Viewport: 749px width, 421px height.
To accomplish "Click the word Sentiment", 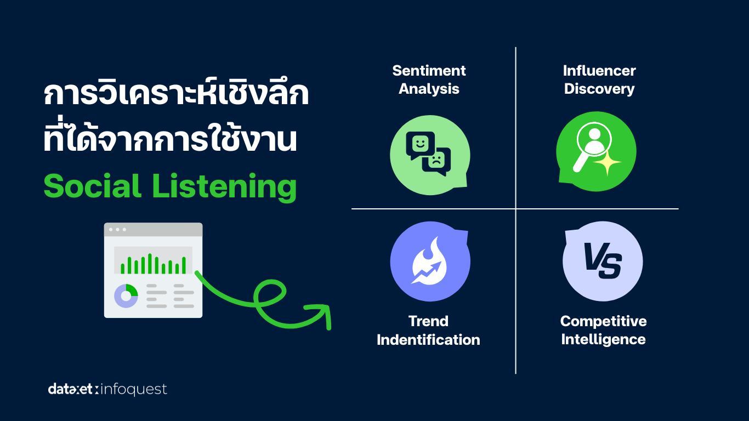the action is click(x=429, y=71).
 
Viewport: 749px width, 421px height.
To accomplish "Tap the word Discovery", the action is click(x=599, y=89).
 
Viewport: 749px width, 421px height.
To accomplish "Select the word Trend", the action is click(x=428, y=321).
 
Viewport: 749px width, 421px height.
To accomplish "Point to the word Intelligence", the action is click(x=603, y=340).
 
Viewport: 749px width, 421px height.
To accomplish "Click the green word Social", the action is click(x=93, y=186).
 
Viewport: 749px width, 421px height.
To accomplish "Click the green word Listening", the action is click(x=224, y=187).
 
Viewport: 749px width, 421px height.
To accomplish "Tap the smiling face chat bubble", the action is click(x=421, y=145).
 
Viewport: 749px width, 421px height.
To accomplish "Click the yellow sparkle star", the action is click(x=608, y=163).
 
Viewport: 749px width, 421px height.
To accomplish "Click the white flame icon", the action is click(x=429, y=261).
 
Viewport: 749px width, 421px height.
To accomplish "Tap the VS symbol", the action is click(x=603, y=261).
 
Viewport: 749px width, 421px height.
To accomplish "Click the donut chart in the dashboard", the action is click(x=126, y=296).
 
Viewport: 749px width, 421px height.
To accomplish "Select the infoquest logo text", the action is click(x=133, y=390).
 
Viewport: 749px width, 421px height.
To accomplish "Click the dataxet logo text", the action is click(x=70, y=389).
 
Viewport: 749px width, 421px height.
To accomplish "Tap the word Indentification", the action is click(x=428, y=340).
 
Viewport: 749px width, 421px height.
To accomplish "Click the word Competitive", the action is click(x=604, y=322).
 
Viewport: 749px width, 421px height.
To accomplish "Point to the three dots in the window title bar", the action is click(x=117, y=230).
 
